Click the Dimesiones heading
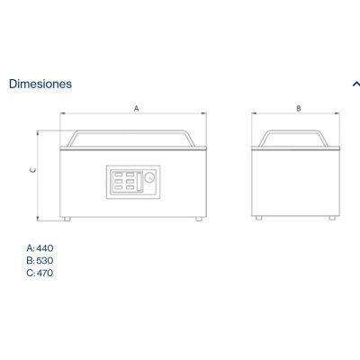pos(40,84)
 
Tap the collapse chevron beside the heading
pos(356,84)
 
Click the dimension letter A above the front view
pos(137,108)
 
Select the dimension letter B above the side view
pos(299,108)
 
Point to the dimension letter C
pos(33,170)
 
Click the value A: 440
pos(40,248)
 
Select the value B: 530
pos(40,260)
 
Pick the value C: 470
pos(40,273)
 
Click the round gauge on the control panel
pos(149,177)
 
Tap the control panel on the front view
pos(133,182)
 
